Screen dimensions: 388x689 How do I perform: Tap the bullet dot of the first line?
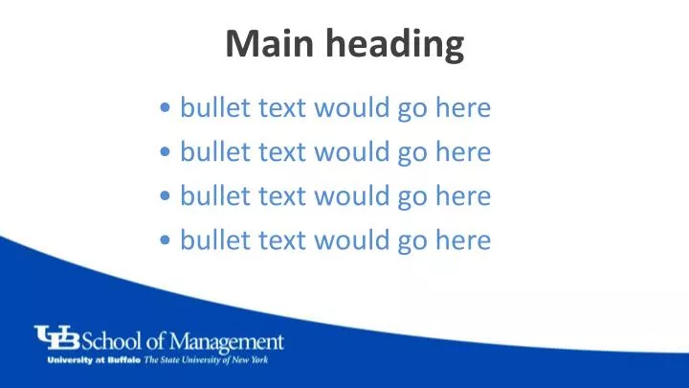[x=167, y=108]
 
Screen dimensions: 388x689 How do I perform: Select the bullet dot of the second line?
[x=167, y=152]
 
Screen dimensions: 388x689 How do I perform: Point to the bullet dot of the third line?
[x=167, y=196]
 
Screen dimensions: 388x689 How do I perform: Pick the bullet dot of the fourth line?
[x=167, y=240]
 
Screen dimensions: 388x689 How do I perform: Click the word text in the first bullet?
[x=280, y=107]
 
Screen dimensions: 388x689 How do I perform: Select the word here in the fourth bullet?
[x=463, y=240]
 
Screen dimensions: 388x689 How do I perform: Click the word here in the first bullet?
[x=463, y=107]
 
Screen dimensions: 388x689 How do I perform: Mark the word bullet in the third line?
[x=215, y=195]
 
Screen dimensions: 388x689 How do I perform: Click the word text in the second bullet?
[x=280, y=151]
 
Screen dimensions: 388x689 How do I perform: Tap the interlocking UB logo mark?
[x=58, y=339]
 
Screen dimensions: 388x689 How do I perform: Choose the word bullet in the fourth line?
[x=215, y=240]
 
